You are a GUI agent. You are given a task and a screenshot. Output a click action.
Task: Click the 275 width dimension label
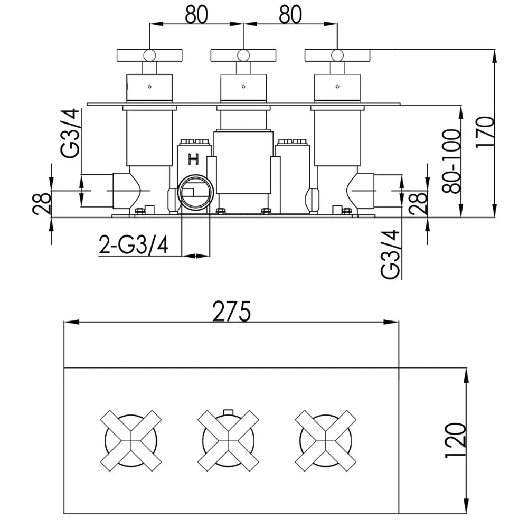click(x=232, y=312)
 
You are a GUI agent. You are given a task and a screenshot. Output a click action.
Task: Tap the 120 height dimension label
click(x=456, y=440)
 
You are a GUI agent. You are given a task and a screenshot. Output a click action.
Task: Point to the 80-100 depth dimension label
click(x=451, y=161)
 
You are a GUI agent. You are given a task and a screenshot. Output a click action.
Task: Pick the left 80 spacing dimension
click(x=196, y=15)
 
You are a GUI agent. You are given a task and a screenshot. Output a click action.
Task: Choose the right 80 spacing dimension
click(x=290, y=15)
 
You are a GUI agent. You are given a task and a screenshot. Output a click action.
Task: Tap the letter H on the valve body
click(x=193, y=159)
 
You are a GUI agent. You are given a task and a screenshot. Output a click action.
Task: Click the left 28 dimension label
click(x=42, y=204)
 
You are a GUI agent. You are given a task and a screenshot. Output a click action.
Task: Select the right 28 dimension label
click(x=419, y=204)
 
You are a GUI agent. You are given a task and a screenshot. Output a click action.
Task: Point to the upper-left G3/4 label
click(x=70, y=133)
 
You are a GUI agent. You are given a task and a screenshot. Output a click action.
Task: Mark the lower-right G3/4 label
click(x=391, y=254)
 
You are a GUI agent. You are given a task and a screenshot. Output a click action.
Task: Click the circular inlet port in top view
click(x=196, y=192)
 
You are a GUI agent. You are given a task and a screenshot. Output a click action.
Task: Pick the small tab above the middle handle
click(x=228, y=412)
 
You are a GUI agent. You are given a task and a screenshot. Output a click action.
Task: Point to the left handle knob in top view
click(x=149, y=55)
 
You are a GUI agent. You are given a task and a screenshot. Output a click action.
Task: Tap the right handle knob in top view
click(x=337, y=55)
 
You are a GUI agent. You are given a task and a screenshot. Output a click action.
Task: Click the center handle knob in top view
click(x=243, y=55)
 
